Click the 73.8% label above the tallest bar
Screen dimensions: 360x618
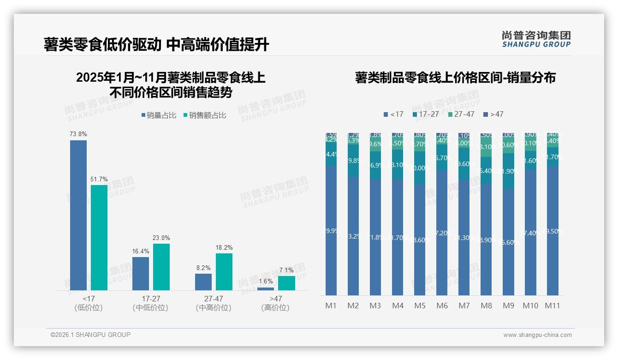pyautogui.click(x=78, y=134)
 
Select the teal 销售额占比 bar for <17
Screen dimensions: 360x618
pyautogui.click(x=99, y=238)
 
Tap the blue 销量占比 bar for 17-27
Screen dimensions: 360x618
pyautogui.click(x=141, y=274)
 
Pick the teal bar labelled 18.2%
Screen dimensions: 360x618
pyautogui.click(x=224, y=272)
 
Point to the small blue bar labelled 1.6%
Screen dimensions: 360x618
pyautogui.click(x=266, y=289)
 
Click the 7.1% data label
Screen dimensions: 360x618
pyautogui.click(x=286, y=270)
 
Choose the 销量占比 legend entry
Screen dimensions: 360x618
pyautogui.click(x=158, y=115)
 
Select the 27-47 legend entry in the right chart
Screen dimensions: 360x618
pyautogui.click(x=461, y=114)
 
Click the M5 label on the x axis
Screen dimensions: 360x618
pyautogui.click(x=420, y=306)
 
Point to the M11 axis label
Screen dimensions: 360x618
pyautogui.click(x=553, y=306)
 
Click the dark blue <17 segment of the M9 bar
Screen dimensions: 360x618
pyautogui.click(x=508, y=242)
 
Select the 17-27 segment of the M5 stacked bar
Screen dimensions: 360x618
pyautogui.click(x=420, y=168)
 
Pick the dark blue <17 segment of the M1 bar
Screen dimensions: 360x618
pyautogui.click(x=331, y=231)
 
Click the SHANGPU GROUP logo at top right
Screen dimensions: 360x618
pyautogui.click(x=536, y=39)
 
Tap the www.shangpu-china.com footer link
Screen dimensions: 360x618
pyautogui.click(x=537, y=335)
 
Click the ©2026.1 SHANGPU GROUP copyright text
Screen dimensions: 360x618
pyautogui.click(x=90, y=335)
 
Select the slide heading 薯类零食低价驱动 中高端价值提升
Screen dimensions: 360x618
pyautogui.click(x=156, y=45)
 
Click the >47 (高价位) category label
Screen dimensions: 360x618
pyautogui.click(x=275, y=303)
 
